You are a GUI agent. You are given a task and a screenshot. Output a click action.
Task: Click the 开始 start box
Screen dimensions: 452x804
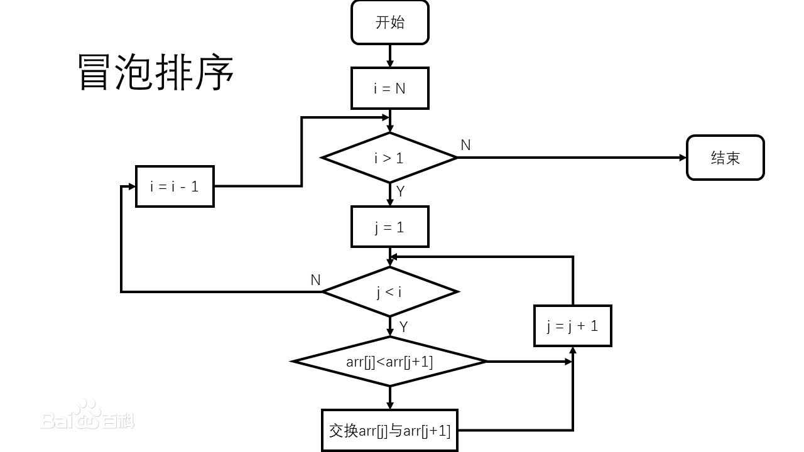click(389, 23)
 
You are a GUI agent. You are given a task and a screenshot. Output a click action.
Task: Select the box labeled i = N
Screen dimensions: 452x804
click(389, 89)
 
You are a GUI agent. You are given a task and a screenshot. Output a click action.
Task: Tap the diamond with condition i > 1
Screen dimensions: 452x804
click(389, 158)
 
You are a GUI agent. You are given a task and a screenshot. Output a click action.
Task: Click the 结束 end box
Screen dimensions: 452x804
click(725, 158)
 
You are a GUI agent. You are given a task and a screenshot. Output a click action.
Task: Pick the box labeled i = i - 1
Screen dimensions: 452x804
click(175, 186)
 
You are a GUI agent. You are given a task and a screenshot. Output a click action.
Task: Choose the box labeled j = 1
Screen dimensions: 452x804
click(389, 227)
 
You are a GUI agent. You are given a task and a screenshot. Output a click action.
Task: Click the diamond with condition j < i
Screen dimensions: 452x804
click(389, 292)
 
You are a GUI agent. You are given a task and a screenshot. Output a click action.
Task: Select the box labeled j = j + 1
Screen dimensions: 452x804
click(572, 326)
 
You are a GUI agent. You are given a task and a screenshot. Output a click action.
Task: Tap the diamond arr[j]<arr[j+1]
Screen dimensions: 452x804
click(389, 362)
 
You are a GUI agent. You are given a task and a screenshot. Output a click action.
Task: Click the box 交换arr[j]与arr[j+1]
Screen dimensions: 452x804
click(389, 431)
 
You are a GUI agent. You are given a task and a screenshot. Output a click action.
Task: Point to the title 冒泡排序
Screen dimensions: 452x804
click(156, 72)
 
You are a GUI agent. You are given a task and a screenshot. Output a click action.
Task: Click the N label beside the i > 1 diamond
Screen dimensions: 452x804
click(465, 145)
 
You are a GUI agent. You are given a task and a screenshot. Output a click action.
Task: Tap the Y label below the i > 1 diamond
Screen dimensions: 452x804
click(401, 191)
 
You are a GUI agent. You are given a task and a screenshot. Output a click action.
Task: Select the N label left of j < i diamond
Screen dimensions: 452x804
click(316, 280)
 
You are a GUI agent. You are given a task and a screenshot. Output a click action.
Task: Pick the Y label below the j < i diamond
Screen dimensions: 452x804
click(404, 327)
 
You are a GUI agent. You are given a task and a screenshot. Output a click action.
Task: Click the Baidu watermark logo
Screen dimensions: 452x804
click(88, 416)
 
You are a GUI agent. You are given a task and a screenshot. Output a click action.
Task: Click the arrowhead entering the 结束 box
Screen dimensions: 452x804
click(683, 158)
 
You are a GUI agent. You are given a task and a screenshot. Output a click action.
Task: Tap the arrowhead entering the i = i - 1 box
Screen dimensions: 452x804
click(132, 186)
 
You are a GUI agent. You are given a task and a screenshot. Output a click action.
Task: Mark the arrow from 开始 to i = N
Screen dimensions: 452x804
click(389, 56)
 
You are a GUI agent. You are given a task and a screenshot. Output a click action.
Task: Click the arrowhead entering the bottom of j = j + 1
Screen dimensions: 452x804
click(573, 350)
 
